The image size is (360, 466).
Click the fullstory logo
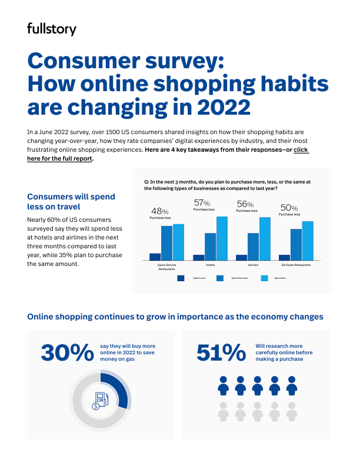click(x=52, y=29)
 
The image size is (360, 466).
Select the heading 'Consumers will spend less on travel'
click(x=71, y=201)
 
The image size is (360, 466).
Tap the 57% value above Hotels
click(x=202, y=204)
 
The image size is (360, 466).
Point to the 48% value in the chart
click(x=160, y=211)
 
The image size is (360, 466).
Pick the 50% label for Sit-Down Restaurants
click(x=289, y=208)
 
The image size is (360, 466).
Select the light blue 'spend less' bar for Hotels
click(x=221, y=238)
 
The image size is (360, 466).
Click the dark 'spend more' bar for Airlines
click(x=241, y=257)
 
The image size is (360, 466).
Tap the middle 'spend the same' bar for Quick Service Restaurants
click(x=167, y=243)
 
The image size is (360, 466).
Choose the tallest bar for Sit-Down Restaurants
click(x=307, y=241)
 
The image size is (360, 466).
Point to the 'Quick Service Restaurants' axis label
click(x=167, y=267)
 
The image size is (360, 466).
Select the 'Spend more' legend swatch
click(x=181, y=278)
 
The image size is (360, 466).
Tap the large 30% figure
click(x=66, y=352)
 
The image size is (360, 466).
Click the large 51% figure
click(x=221, y=352)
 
